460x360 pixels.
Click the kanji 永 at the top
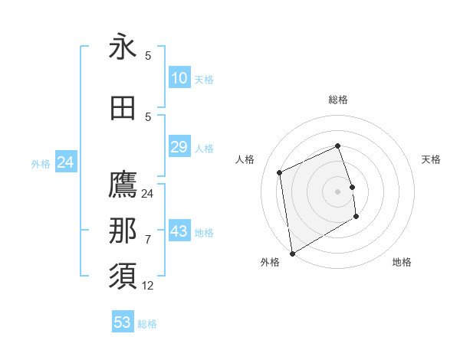point(123,47)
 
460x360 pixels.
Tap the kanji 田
point(123,109)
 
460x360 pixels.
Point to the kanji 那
point(123,231)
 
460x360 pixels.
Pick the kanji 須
point(123,277)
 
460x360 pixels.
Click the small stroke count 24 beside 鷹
point(147,193)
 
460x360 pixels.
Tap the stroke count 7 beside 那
point(147,239)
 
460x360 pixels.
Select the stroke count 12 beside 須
point(147,286)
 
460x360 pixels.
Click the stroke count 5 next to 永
point(147,56)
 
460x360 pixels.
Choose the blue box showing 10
point(179,78)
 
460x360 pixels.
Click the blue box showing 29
point(179,147)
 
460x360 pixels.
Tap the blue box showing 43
point(179,231)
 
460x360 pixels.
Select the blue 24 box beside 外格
point(65,162)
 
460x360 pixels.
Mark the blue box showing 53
point(123,322)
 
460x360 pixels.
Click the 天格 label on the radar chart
point(431,159)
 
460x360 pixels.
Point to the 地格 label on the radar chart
point(402,262)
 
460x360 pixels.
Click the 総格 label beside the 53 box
point(148,324)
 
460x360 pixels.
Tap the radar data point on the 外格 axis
point(291,252)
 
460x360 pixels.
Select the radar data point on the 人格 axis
point(280,172)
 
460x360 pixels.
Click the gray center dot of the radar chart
point(337,191)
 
